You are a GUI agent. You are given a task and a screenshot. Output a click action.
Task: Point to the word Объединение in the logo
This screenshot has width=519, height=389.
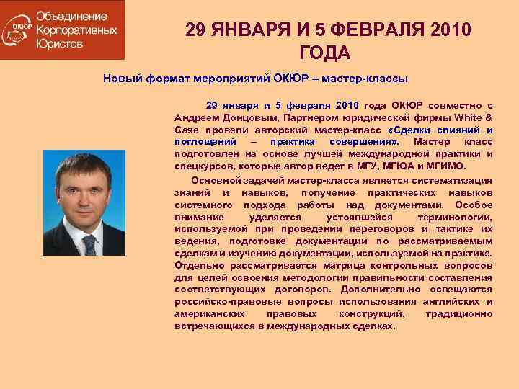pos(71,17)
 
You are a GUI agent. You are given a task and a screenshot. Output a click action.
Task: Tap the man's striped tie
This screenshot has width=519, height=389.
pos(89,243)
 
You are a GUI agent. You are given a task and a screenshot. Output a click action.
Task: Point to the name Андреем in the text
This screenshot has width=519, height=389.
pos(197,117)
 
